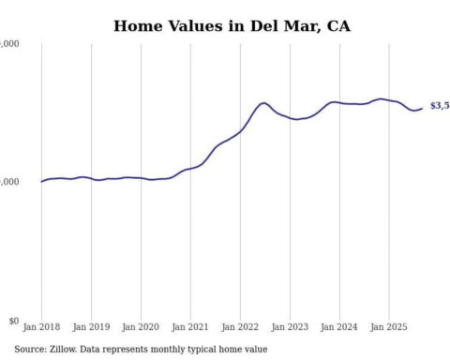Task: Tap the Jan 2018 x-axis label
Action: click(42, 329)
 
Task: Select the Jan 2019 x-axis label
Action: click(91, 329)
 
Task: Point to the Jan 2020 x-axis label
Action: click(141, 329)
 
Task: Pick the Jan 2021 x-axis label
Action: click(190, 329)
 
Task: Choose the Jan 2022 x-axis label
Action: click(240, 329)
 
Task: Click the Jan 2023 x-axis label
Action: click(289, 329)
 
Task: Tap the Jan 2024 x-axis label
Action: click(338, 329)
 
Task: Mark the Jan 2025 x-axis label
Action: click(388, 329)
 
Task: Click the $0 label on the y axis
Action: click(13, 321)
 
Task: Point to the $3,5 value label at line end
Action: click(439, 106)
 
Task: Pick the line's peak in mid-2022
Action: click(264, 103)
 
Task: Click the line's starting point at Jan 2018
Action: click(42, 181)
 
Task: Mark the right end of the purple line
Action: click(422, 109)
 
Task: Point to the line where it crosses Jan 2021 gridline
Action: click(190, 169)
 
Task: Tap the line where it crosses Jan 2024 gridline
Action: click(338, 102)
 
